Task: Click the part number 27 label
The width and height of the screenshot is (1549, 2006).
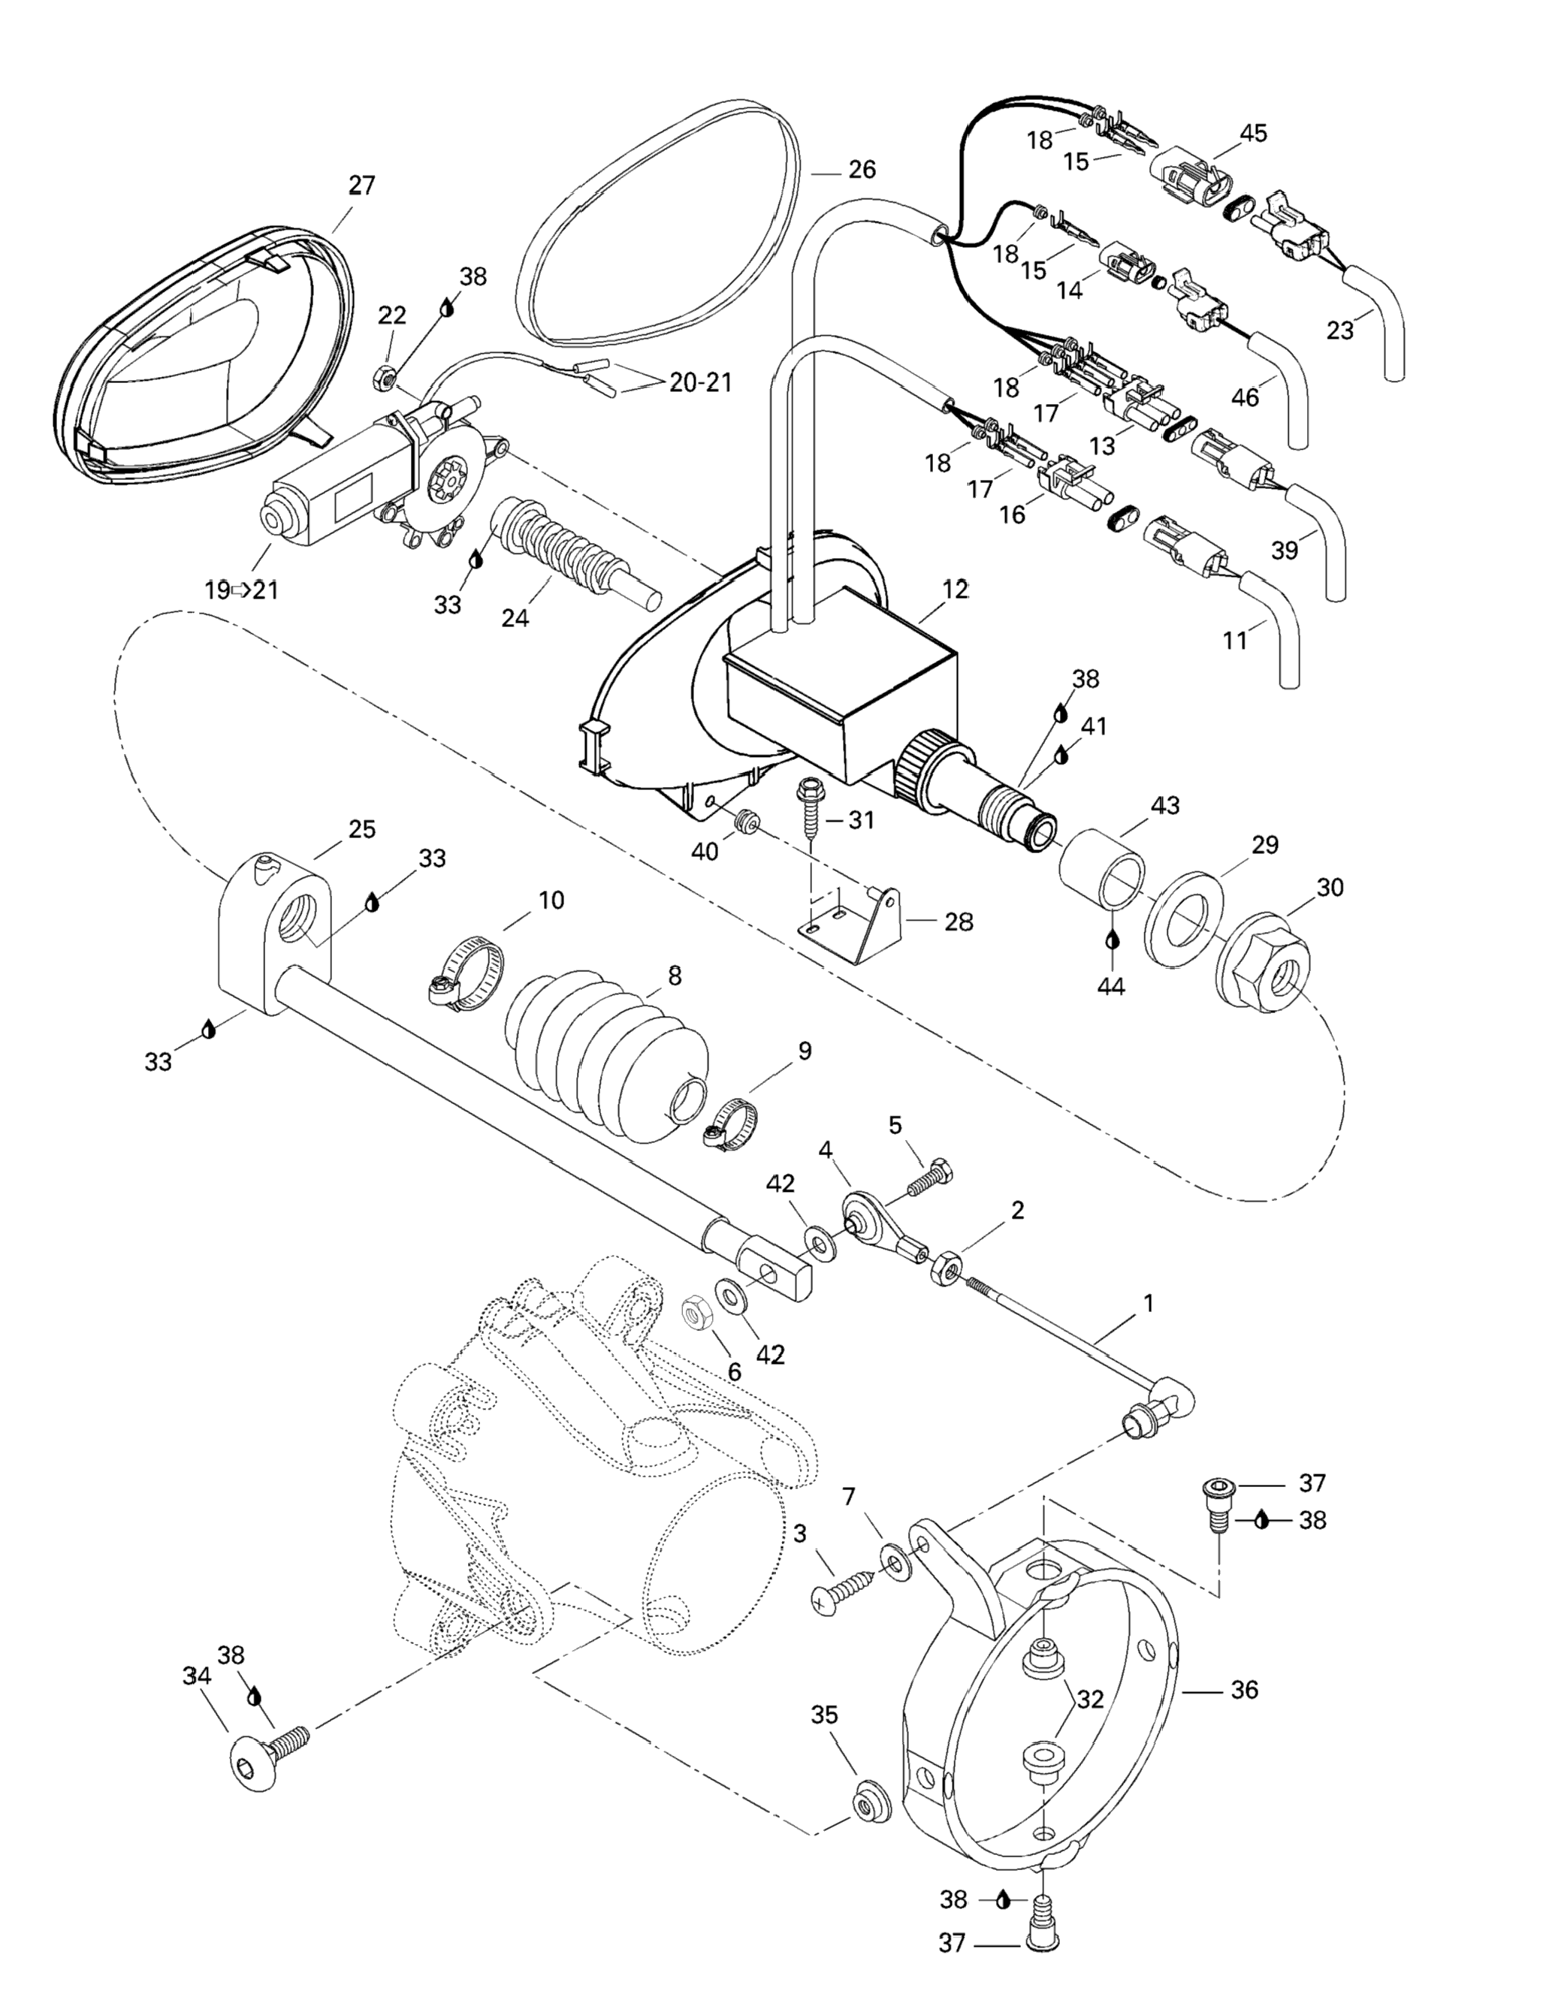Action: [362, 186]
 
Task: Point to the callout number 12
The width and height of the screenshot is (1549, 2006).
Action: [956, 590]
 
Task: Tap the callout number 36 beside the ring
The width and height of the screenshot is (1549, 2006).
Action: [1244, 1689]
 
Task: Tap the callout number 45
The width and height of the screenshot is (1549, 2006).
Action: [1253, 133]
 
